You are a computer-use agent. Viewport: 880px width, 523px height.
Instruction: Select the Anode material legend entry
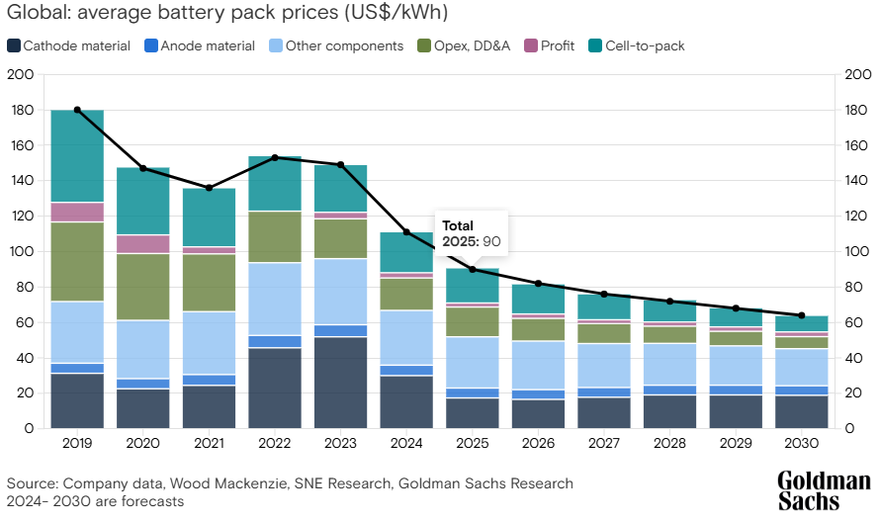point(199,45)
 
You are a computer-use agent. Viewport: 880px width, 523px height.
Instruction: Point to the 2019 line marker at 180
point(77,110)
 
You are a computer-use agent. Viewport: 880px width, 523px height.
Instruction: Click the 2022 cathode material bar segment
point(275,388)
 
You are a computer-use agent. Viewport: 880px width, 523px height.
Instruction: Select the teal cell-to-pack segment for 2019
point(77,156)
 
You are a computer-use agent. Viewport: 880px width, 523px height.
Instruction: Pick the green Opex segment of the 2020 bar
point(143,287)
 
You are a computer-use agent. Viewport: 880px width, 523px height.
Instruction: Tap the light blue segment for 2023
point(340,292)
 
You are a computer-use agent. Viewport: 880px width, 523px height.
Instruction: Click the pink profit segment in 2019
point(77,212)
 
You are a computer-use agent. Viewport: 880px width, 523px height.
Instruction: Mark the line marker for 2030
point(802,315)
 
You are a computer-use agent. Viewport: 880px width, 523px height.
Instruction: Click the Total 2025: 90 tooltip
point(473,234)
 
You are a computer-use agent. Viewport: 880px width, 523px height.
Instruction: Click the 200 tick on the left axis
point(20,75)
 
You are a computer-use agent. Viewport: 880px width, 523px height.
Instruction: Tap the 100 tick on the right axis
point(858,252)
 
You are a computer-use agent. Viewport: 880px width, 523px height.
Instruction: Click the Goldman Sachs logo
point(824,490)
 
